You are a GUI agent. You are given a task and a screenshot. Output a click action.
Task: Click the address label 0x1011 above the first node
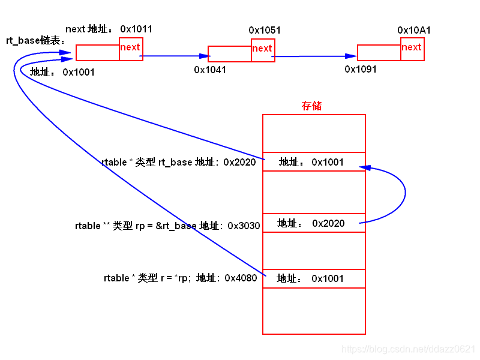click(x=136, y=29)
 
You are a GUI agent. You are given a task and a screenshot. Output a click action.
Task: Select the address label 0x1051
click(x=265, y=30)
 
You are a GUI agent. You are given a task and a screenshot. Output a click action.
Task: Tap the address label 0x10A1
click(x=414, y=30)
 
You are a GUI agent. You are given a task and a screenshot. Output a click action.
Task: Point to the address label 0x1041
click(x=210, y=70)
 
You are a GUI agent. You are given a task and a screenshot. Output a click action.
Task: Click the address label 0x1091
click(x=361, y=69)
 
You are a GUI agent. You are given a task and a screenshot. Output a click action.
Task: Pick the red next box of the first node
click(x=131, y=49)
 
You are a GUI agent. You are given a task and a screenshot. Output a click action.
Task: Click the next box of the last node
click(x=412, y=49)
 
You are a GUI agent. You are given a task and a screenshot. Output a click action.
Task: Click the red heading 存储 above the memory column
click(x=311, y=106)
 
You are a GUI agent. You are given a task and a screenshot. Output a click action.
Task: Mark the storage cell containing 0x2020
click(x=314, y=223)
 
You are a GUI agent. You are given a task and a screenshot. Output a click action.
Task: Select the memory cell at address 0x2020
click(x=314, y=162)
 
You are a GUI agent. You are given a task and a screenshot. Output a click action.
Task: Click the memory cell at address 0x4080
click(x=314, y=278)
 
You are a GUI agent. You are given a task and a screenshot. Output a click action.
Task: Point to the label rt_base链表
click(x=35, y=41)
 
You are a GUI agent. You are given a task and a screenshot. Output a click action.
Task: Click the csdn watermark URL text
click(x=408, y=349)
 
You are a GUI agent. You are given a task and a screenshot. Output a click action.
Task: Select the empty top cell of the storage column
click(x=314, y=133)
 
